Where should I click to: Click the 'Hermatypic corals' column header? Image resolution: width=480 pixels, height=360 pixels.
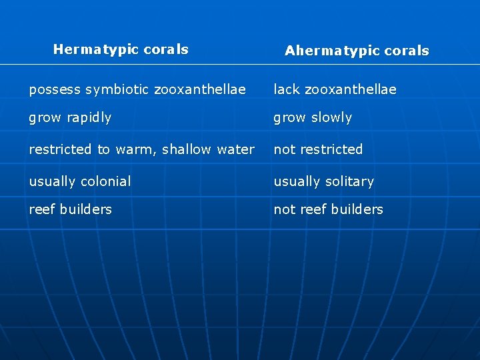121,49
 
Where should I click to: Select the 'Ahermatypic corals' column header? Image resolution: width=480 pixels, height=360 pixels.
357,51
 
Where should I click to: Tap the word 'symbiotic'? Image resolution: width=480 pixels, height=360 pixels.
119,89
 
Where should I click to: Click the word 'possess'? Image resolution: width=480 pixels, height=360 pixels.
55,89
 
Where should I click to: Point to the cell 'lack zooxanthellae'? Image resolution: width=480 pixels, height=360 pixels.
335,89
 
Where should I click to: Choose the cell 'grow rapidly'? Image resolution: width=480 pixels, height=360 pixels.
70,118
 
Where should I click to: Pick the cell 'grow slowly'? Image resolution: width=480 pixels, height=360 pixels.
313,118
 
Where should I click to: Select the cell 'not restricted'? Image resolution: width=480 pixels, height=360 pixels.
318,149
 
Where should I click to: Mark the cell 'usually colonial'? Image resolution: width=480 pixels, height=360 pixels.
80,181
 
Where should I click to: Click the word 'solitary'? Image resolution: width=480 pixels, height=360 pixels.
349,181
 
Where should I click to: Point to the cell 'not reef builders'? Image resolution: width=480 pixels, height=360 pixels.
328,209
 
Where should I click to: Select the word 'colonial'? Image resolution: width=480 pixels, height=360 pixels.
105,181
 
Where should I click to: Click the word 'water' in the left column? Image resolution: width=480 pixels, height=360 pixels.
236,149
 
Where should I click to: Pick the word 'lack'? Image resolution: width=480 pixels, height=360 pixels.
287,89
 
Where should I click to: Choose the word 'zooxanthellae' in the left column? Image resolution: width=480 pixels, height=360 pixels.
199,89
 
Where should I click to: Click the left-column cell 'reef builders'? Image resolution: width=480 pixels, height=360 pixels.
70,209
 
